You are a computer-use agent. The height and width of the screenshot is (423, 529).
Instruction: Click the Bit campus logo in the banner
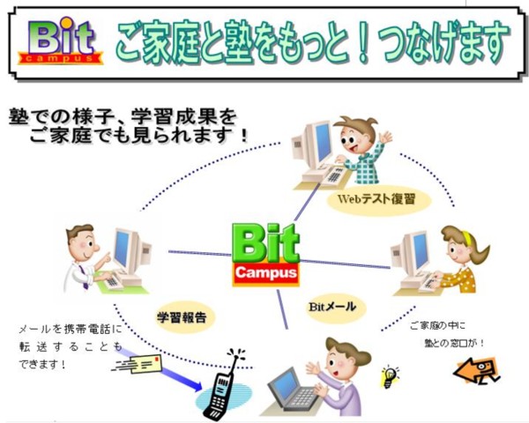[x=60, y=41]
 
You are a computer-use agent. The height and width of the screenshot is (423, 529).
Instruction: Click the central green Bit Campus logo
[x=265, y=255]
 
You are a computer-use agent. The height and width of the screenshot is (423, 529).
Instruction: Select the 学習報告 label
[x=182, y=317]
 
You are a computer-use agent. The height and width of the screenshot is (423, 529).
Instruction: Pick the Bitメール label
[x=332, y=307]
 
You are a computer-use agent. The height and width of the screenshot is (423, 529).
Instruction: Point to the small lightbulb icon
[x=390, y=376]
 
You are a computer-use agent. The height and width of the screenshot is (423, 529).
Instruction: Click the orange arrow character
[x=476, y=371]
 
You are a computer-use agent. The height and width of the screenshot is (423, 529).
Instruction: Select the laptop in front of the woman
[x=293, y=390]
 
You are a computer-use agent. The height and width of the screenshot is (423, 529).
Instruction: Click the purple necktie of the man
[x=83, y=277]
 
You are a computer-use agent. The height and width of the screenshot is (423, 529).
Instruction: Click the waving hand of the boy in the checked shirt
[x=385, y=137]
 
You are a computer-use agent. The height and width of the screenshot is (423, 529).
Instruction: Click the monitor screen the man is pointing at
[x=122, y=248]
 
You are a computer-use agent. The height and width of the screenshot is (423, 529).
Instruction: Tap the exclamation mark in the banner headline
[x=363, y=43]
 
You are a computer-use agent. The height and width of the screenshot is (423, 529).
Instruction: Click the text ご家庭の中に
[x=437, y=326]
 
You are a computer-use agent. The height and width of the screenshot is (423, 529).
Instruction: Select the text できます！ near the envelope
[x=42, y=364]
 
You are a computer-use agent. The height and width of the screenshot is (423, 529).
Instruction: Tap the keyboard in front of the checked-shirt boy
[x=332, y=175]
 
